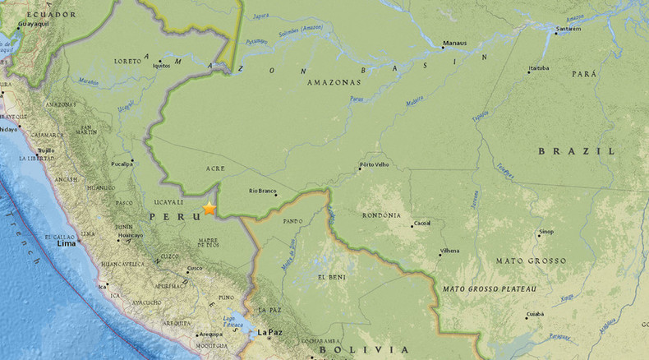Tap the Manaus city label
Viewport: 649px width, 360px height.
pos(454,42)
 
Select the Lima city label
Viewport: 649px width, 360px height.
pos(66,244)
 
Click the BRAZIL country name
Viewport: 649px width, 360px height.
pos(577,151)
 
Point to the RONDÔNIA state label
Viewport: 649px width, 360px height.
pos(380,215)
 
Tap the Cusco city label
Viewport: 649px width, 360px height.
pos(195,269)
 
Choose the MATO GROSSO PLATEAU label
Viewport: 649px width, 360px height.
pos(490,288)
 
